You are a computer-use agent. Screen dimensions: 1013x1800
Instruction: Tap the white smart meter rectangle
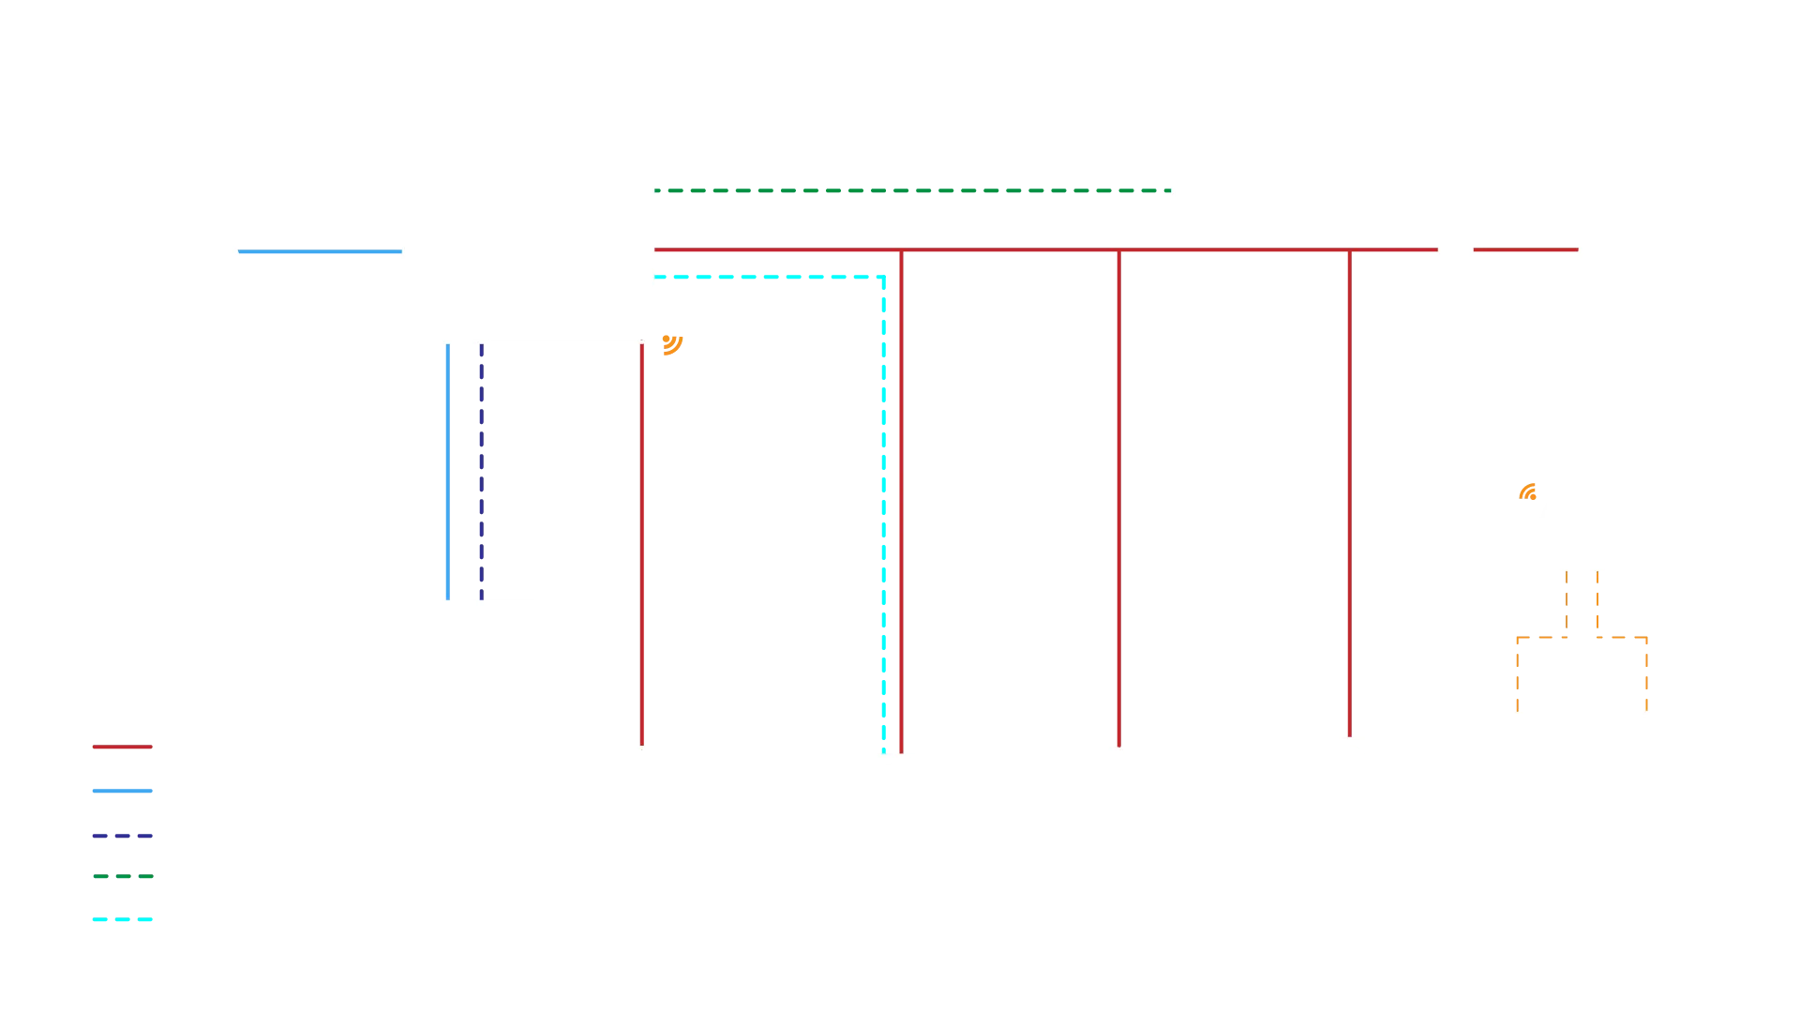(1210, 184)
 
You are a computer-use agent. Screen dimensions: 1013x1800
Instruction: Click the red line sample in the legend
(123, 748)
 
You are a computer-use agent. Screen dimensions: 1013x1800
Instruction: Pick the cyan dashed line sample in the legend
(123, 919)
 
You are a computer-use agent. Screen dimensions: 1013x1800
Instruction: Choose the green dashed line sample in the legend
(123, 878)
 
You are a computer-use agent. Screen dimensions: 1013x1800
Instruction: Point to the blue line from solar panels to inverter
(319, 251)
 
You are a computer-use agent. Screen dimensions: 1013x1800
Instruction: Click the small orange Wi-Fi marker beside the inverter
(673, 344)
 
